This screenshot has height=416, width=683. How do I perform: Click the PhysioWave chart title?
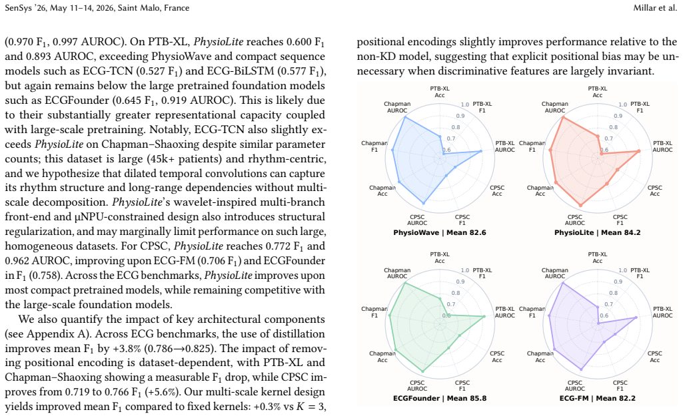tap(440, 232)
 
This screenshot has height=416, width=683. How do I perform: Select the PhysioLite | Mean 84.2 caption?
tap(597, 232)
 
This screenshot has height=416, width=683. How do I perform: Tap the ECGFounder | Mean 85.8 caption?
tap(440, 398)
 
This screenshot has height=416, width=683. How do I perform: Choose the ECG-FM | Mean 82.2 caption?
tap(597, 398)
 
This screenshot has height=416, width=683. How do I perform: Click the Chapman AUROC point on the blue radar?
tap(406, 117)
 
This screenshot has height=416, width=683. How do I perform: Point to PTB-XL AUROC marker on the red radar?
tap(638, 151)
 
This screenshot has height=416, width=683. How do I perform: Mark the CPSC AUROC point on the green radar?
tap(422, 371)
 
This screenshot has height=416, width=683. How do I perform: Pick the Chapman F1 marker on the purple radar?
tap(549, 315)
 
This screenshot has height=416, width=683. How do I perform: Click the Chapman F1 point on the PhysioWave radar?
tap(393, 150)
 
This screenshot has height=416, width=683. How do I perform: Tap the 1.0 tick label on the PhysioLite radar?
tap(623, 104)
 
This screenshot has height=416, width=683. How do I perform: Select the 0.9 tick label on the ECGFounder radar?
tap(460, 282)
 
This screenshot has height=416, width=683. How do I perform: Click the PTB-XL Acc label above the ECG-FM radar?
tap(597, 258)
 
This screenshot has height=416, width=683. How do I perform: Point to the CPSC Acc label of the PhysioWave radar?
tap(497, 190)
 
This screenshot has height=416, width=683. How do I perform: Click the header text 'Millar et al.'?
tap(655, 8)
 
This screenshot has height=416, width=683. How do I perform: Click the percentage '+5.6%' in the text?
tap(165, 392)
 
